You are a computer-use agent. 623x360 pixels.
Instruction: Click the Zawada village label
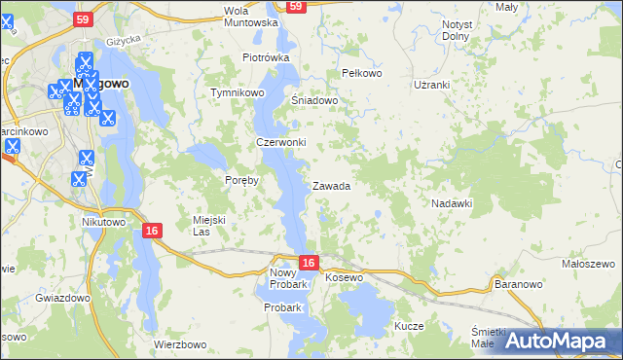[331, 186]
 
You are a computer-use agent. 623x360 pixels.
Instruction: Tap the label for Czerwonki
[281, 142]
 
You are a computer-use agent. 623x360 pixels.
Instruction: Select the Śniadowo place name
[314, 100]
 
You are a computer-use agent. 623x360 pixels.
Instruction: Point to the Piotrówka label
[267, 57]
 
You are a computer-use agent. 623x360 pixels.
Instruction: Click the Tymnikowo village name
[238, 92]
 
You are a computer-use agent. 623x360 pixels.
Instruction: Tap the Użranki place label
[431, 85]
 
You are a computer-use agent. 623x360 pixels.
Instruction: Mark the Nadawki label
[452, 203]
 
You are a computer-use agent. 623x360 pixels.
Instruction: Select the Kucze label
[409, 326]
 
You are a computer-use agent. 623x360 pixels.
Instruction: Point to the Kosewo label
[344, 278]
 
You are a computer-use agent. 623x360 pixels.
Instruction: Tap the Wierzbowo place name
[181, 344]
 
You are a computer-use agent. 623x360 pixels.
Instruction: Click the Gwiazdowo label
[62, 297]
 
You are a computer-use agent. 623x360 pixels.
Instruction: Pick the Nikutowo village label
[104, 221]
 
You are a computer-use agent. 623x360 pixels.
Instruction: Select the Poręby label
[241, 180]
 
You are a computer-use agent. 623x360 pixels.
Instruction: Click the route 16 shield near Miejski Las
[151, 231]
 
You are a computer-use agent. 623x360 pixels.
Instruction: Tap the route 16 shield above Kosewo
[308, 263]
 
